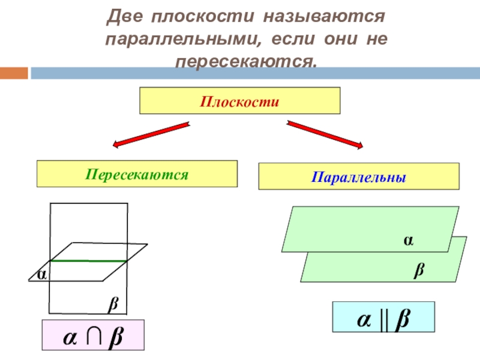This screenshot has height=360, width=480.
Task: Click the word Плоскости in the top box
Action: pos(240,100)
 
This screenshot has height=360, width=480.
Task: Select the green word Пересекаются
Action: pos(137,175)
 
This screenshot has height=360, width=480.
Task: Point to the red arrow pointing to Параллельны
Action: pos(326,134)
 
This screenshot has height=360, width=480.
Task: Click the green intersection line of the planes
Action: pos(88,261)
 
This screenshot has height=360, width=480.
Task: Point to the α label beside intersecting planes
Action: pos(41,275)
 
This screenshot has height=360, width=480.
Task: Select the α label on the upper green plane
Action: pos(408,240)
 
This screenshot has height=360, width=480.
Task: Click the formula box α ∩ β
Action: pos(93,335)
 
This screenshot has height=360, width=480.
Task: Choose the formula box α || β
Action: pos(383,317)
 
